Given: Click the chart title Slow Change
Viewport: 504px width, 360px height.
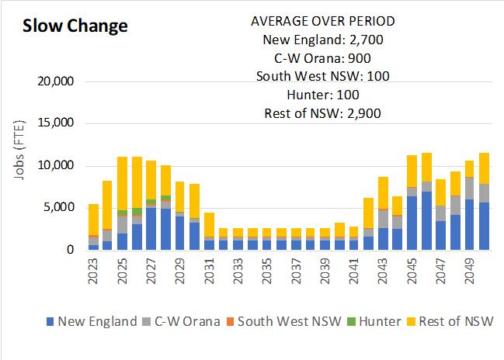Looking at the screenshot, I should tap(75, 26).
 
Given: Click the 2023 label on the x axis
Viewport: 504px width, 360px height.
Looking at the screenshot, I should tap(94, 272).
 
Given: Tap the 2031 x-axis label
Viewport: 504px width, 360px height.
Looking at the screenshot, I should tap(210, 272).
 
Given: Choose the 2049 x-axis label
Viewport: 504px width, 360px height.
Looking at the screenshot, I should tap(470, 272).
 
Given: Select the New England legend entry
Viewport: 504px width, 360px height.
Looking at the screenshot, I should tap(92, 321).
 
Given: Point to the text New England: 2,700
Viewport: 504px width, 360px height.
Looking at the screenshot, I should tap(322, 40).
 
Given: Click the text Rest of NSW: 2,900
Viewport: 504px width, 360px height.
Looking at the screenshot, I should tap(322, 113).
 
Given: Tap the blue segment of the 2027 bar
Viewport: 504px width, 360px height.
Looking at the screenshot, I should tap(151, 229).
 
